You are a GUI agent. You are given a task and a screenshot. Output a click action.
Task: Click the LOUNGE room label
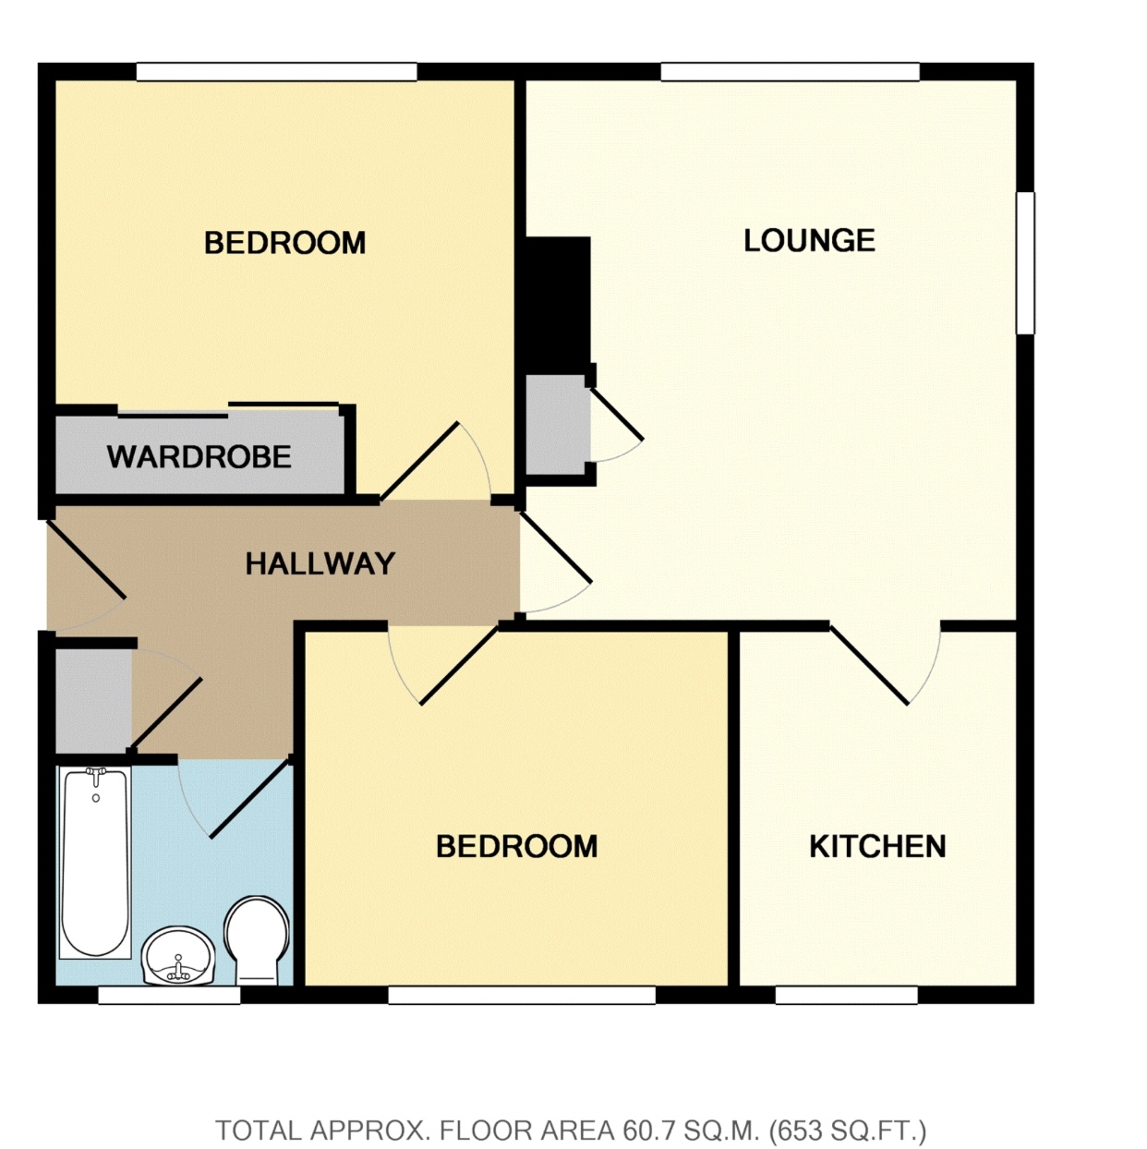point(809,240)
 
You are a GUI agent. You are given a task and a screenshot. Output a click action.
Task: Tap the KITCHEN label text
point(877,846)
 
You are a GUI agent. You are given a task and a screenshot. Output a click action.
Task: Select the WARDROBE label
point(199,456)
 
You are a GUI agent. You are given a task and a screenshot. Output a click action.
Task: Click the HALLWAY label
point(320,563)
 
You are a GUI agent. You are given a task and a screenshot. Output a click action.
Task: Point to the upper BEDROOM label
point(284,243)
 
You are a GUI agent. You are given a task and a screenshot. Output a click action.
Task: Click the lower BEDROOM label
point(516,846)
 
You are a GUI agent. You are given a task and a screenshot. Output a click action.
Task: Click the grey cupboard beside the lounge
point(556,425)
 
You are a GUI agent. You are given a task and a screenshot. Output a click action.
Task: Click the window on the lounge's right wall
point(1025,262)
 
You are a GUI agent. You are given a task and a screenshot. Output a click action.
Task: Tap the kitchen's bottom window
point(846,995)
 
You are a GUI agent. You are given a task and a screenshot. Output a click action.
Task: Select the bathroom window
point(169,995)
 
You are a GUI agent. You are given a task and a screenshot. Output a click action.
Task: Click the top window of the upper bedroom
point(276,71)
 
